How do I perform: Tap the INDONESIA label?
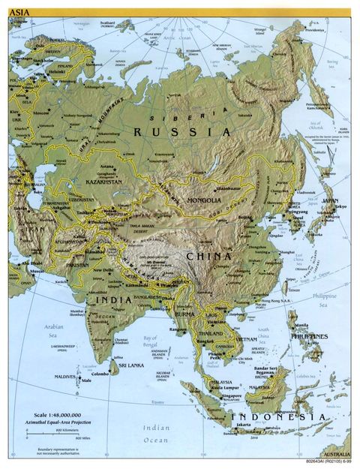point(277,416)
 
